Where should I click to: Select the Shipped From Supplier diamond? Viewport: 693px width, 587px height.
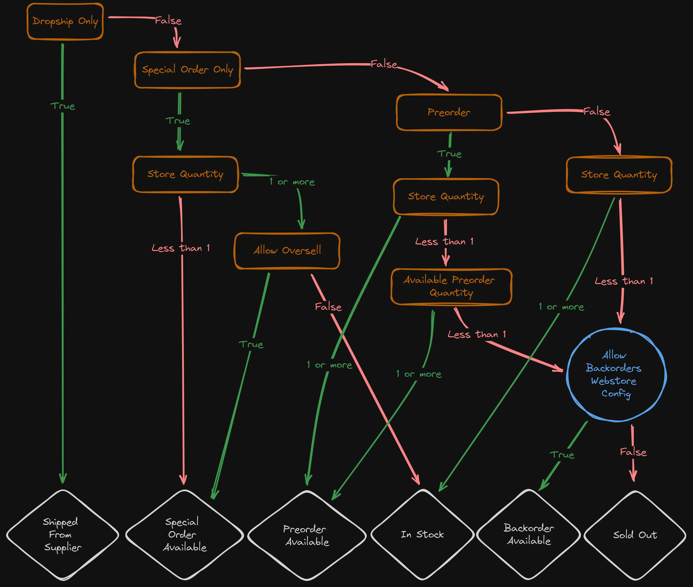tap(63, 534)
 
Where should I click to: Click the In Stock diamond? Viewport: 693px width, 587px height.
tap(422, 534)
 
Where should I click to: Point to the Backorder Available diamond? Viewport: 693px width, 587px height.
tap(528, 534)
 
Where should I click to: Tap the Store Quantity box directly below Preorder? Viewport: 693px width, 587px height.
tap(446, 197)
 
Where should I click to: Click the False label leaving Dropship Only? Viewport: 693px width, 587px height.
tap(168, 21)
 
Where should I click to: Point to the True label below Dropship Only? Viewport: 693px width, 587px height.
tap(63, 106)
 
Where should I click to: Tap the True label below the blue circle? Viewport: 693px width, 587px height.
tap(562, 455)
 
